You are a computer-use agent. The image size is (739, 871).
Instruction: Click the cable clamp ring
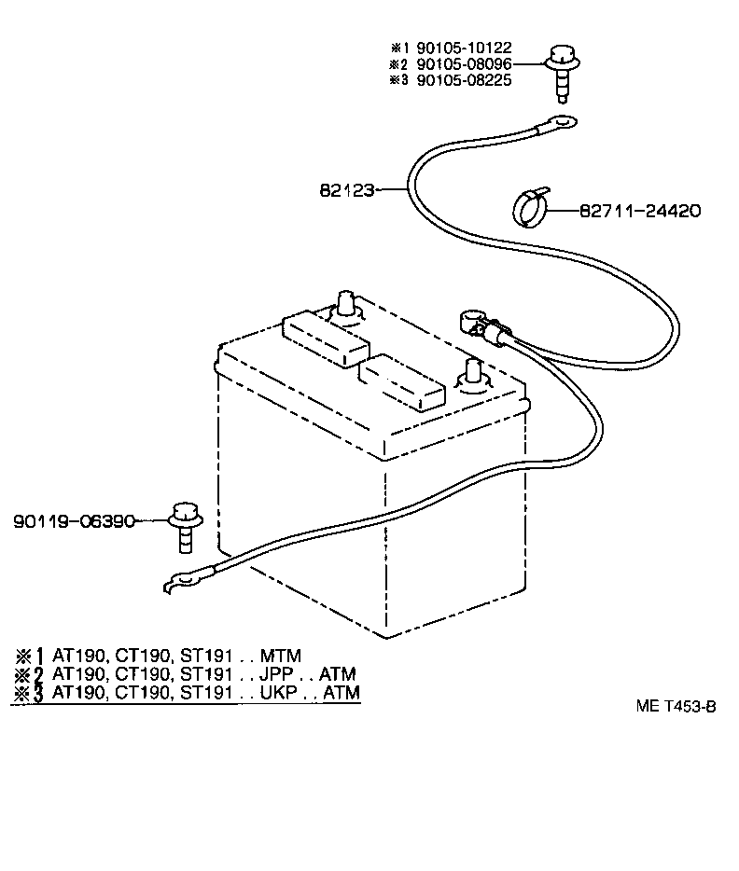tap(532, 206)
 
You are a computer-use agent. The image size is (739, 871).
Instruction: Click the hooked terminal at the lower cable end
tap(180, 582)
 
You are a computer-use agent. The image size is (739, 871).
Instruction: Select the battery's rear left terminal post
tap(349, 303)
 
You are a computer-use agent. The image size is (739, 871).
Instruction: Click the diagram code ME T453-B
tap(676, 707)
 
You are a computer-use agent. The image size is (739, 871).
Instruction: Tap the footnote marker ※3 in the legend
tap(29, 693)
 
